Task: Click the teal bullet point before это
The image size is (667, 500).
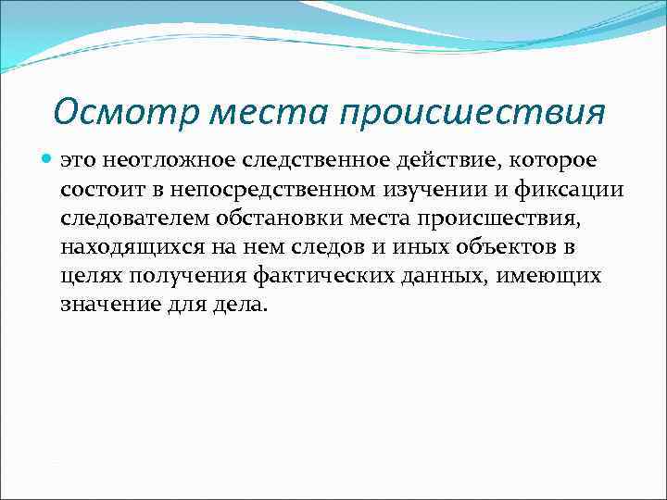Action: (x=47, y=161)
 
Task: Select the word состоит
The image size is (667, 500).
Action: (x=99, y=190)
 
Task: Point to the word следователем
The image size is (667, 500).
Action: (x=137, y=219)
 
